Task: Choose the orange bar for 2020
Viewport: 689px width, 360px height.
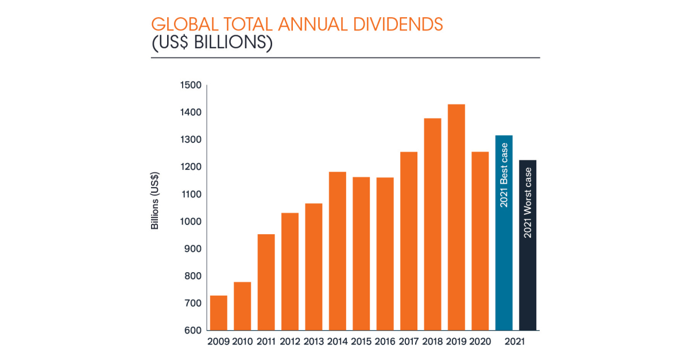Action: (480, 241)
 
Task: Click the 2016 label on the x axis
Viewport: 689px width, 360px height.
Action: (385, 342)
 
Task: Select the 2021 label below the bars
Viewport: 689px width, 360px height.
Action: (516, 342)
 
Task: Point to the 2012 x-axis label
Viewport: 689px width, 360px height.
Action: (290, 342)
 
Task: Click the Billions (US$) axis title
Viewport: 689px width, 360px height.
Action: (155, 202)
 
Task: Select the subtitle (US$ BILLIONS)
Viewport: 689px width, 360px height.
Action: (211, 44)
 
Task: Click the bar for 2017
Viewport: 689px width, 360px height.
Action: (409, 241)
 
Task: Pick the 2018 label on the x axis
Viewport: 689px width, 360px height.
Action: (432, 342)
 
